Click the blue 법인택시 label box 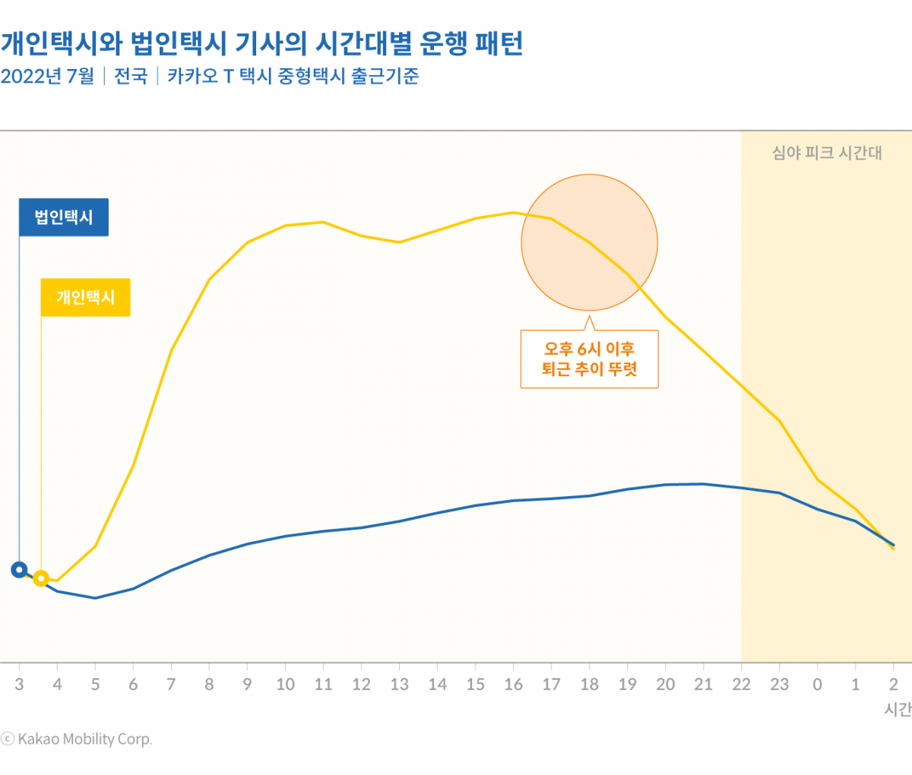[x=64, y=217]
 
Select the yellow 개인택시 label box [x=85, y=297]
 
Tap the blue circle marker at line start [x=19, y=570]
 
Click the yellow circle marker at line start [x=41, y=579]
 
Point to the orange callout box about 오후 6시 [x=589, y=359]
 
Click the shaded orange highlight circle [x=589, y=242]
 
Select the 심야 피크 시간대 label [x=827, y=153]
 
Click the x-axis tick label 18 [x=589, y=685]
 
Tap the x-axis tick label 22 [x=741, y=685]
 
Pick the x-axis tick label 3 [x=19, y=685]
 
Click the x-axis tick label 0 [x=817, y=685]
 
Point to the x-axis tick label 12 [x=361, y=685]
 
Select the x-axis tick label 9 [x=247, y=685]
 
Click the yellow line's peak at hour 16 [x=513, y=212]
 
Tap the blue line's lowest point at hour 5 [x=95, y=598]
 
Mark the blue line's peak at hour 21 [x=703, y=483]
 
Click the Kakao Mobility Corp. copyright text [x=77, y=739]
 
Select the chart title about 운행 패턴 [x=262, y=43]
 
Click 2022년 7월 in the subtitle [x=47, y=76]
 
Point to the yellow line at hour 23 [x=779, y=420]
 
